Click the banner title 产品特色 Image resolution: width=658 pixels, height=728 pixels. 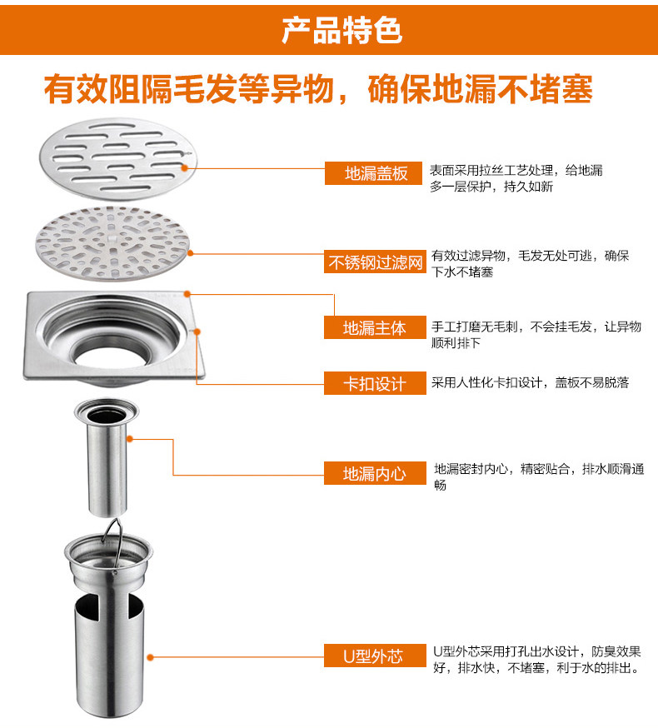(x=341, y=30)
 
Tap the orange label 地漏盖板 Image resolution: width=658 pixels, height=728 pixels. (x=373, y=173)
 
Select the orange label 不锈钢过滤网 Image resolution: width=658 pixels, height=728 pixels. (x=375, y=262)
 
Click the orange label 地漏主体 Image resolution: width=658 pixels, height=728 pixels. (x=375, y=328)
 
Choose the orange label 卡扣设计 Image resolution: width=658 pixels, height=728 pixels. (x=375, y=383)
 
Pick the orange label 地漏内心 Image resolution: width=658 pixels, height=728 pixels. (x=375, y=473)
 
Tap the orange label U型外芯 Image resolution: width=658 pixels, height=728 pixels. (x=375, y=656)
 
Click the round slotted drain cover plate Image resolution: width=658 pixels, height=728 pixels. (x=118, y=158)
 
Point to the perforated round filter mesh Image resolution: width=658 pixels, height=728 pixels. (x=112, y=243)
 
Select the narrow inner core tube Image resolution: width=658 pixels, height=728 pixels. (x=107, y=457)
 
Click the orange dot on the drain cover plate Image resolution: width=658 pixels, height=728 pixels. (x=184, y=168)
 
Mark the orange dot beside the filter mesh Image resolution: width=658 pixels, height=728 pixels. (x=190, y=253)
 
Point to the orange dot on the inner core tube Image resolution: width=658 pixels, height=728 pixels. (x=130, y=439)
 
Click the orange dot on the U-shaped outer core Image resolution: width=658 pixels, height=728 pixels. (x=150, y=657)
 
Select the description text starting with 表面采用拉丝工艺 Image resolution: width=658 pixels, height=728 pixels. (x=516, y=178)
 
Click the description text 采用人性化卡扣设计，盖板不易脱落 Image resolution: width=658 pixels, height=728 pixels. (x=530, y=382)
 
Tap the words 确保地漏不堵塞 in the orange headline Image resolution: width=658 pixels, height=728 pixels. (x=480, y=88)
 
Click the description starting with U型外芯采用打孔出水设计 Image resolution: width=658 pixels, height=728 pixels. (x=536, y=660)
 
